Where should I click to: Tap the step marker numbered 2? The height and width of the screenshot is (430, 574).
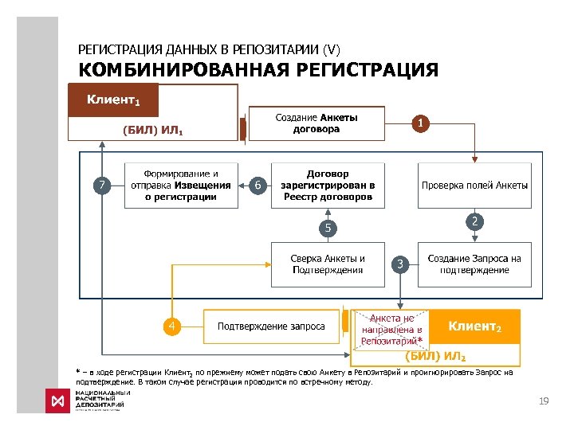474,221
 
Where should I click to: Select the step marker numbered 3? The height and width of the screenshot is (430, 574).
401,264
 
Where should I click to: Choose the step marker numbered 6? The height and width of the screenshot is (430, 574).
256,185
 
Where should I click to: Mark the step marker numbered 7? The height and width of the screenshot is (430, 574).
101,185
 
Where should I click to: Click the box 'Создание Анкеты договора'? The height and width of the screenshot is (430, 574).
316,123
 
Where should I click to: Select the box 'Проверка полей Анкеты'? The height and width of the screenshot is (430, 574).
474,185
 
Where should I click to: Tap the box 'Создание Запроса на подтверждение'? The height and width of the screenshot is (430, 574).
474,264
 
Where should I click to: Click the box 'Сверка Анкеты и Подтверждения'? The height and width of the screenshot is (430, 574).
328,264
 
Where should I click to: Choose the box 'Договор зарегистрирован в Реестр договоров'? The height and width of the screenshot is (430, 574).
328,185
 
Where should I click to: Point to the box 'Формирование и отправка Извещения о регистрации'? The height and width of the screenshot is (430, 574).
181,185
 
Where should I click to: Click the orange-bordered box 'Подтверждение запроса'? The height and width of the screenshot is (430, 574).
272,326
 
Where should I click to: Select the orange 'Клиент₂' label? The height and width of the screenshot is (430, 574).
474,326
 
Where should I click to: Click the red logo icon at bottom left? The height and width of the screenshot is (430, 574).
57,401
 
